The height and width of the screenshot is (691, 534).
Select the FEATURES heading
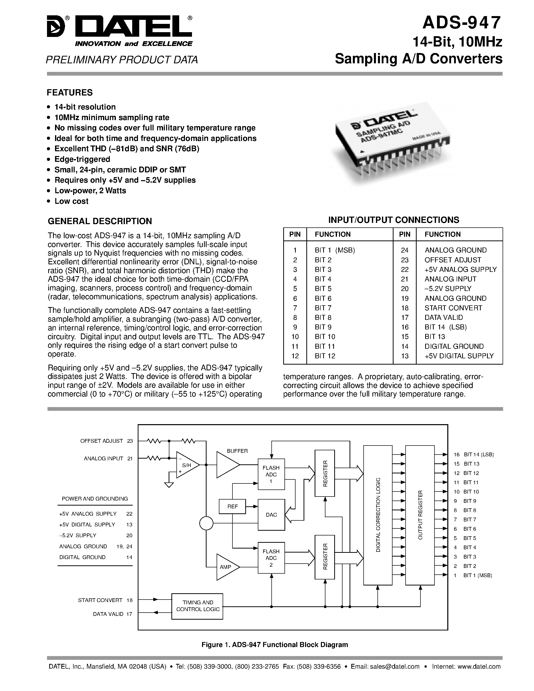(x=70, y=93)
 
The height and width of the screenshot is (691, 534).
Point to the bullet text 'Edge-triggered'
(x=82, y=159)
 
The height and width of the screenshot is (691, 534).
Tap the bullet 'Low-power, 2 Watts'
(x=90, y=190)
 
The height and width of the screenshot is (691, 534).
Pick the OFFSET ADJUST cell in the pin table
(x=452, y=260)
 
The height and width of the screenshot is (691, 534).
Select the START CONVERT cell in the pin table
(x=453, y=308)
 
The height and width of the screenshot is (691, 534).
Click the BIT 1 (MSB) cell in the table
(x=335, y=250)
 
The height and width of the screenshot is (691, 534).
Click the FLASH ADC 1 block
(x=271, y=474)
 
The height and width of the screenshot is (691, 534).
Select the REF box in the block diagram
(x=232, y=507)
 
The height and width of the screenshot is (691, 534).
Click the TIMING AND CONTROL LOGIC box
(x=198, y=606)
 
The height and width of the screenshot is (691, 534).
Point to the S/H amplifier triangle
(x=187, y=465)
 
